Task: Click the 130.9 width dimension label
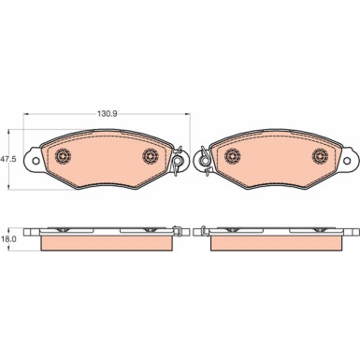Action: [107, 114]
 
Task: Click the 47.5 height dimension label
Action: [8, 159]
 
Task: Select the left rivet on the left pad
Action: [63, 155]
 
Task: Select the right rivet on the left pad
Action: [151, 155]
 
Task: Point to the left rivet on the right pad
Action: [233, 155]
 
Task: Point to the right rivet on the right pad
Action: [321, 155]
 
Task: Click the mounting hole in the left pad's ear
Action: [36, 161]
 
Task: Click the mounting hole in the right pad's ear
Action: [347, 161]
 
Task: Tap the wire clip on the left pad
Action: [178, 161]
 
